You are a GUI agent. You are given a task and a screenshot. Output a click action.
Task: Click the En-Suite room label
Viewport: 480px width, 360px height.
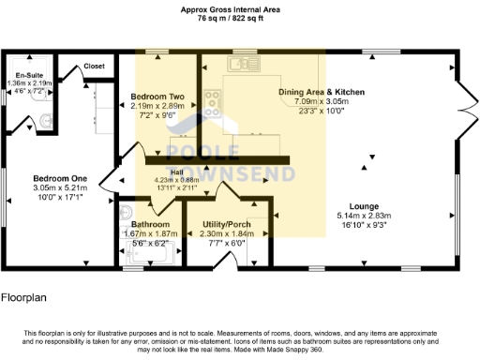pyautogui.click(x=27, y=76)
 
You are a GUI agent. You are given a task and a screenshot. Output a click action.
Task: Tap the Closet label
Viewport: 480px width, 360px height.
pyautogui.click(x=95, y=67)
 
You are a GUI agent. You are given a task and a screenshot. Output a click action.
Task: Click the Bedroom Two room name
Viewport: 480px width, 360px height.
pyautogui.click(x=156, y=97)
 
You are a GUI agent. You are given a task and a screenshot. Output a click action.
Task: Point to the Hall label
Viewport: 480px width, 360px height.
pyautogui.click(x=176, y=172)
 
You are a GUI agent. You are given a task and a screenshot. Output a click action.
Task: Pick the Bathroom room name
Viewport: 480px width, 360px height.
pyautogui.click(x=149, y=225)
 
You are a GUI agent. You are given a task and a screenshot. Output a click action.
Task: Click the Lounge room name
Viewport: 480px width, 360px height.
pyautogui.click(x=365, y=205)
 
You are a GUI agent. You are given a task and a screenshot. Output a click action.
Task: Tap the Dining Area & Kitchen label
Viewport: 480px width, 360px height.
pyautogui.click(x=322, y=92)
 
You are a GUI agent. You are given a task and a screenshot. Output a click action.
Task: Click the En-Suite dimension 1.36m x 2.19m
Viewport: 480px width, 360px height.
pyautogui.click(x=27, y=83)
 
